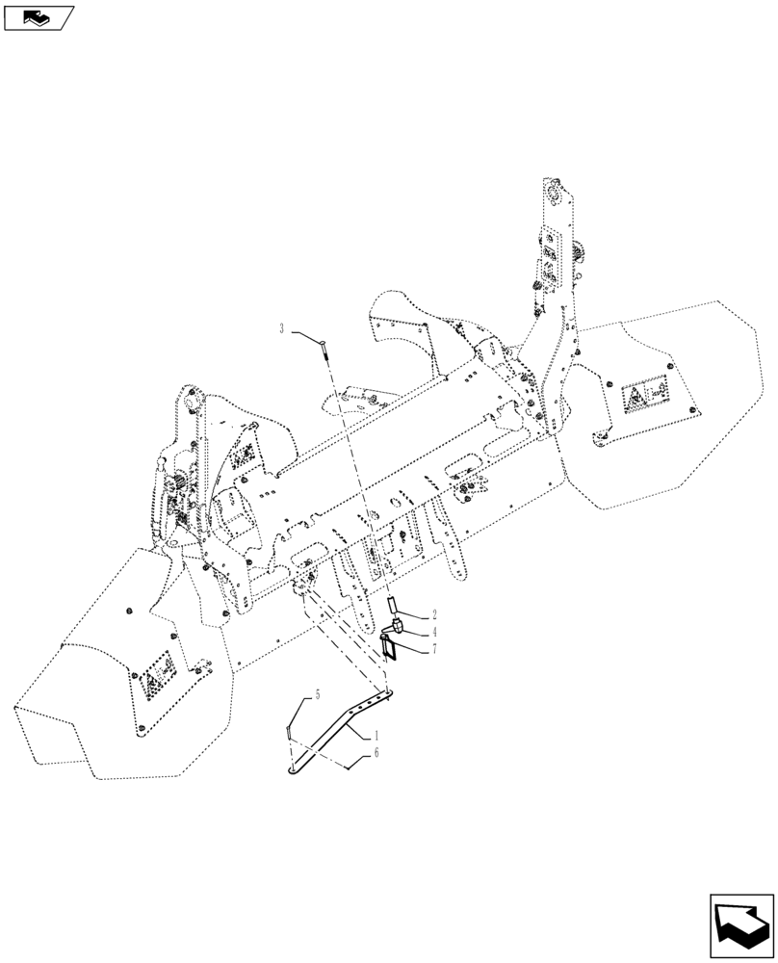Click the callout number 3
[282, 329]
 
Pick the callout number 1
[376, 735]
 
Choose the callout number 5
[311, 694]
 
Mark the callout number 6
[376, 754]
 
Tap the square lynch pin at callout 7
[390, 647]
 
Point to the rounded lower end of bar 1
[292, 768]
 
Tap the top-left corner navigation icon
[39, 16]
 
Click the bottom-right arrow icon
[742, 926]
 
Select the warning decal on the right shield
[647, 396]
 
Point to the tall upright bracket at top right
[557, 289]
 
